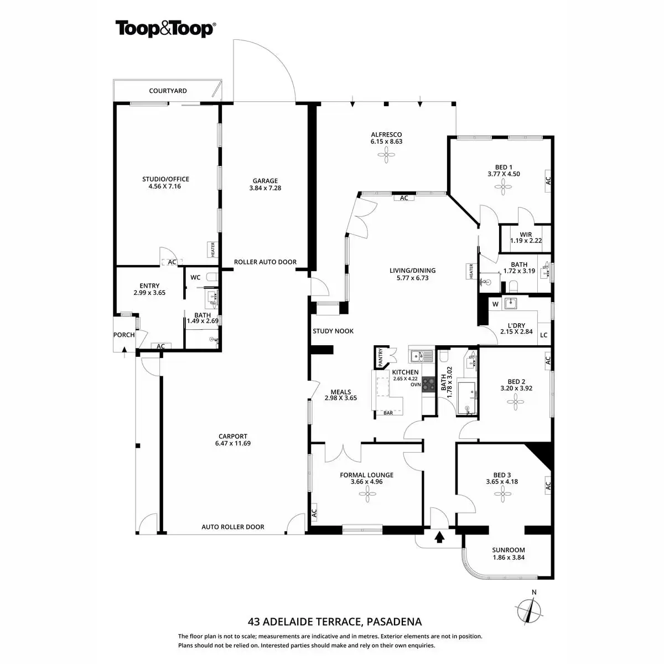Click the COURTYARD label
tap(168, 91)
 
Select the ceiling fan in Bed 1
tap(503, 188)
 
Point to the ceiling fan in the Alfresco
tap(386, 157)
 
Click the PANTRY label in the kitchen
tap(381, 357)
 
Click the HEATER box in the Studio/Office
tap(211, 250)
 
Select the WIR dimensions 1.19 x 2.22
tap(526, 241)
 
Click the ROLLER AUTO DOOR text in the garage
tap(265, 262)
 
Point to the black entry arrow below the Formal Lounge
tap(440, 537)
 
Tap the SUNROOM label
tap(509, 550)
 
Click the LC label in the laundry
tap(543, 335)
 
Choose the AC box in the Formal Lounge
tap(314, 512)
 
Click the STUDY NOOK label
tap(333, 331)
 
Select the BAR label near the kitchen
tap(388, 413)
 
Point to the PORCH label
tap(124, 335)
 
